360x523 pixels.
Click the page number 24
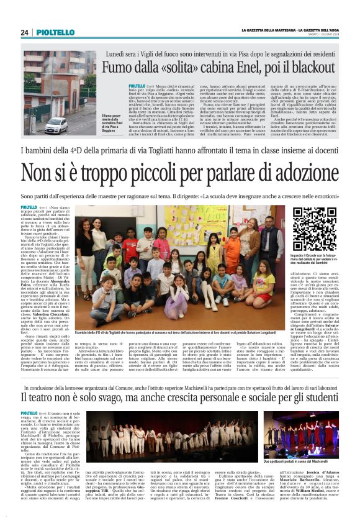(25, 32)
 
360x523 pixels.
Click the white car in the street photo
(56, 125)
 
